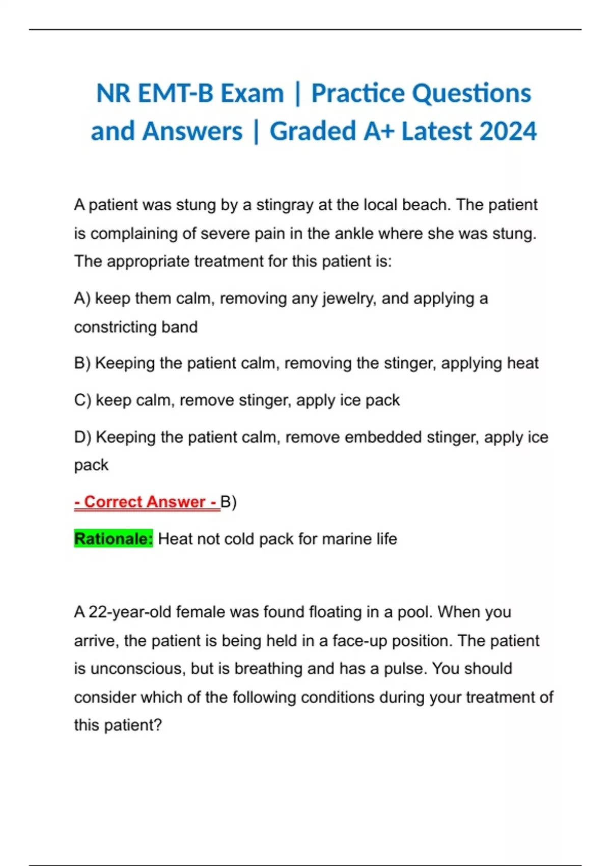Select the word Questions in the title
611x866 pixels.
coord(471,94)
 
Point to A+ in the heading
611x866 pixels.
coord(379,131)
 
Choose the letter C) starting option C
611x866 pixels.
coord(82,400)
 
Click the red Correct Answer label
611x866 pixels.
coord(146,502)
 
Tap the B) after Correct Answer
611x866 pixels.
coord(229,502)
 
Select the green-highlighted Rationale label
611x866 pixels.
coord(113,539)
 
